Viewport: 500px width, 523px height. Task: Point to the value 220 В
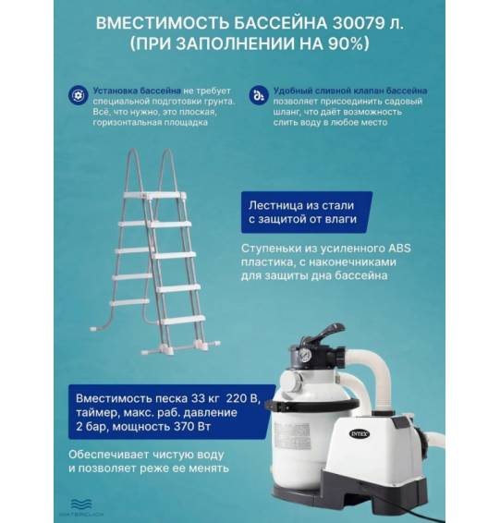[244, 398]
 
